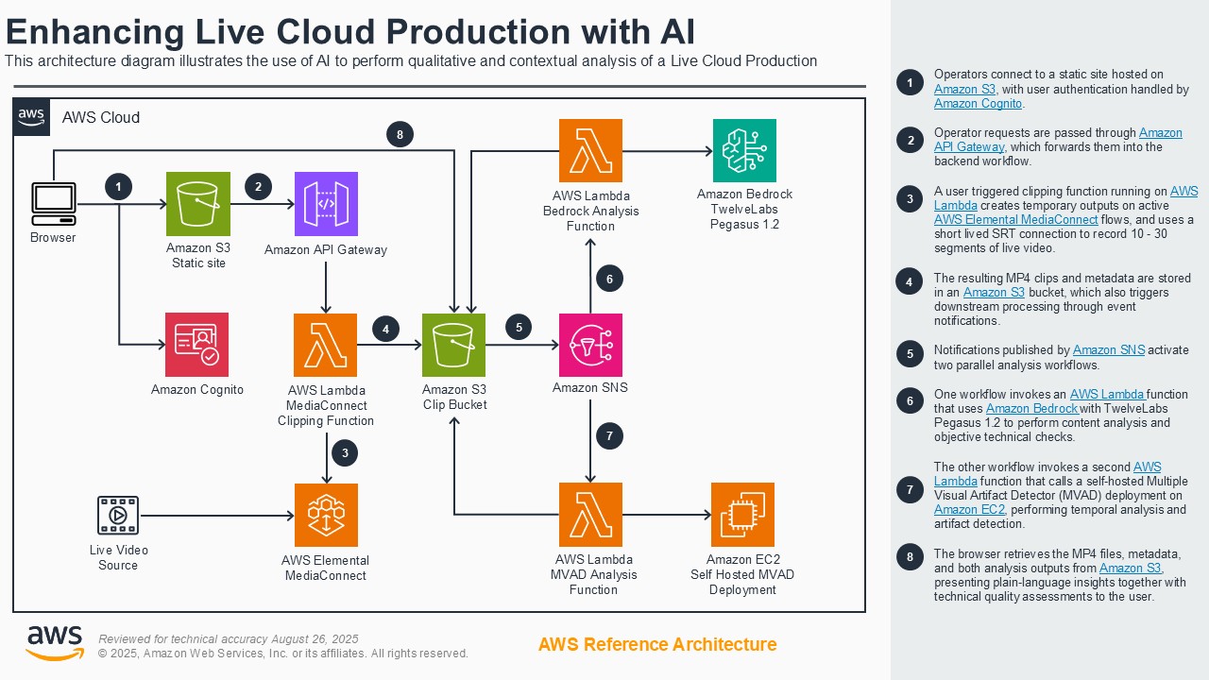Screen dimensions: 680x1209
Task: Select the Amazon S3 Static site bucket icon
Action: (198, 203)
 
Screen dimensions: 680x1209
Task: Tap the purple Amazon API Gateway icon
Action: (326, 203)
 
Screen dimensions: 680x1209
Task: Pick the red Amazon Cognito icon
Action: (196, 345)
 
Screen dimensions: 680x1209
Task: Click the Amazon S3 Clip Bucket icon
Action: (453, 345)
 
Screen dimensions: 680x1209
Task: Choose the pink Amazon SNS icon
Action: (590, 345)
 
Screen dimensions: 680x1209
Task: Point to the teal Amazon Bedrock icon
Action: (744, 150)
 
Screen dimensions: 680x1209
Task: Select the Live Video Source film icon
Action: (118, 516)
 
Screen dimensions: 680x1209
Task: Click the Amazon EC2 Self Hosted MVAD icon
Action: (742, 515)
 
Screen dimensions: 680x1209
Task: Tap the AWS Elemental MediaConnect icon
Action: (326, 515)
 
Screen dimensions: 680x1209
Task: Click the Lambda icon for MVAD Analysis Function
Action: (590, 515)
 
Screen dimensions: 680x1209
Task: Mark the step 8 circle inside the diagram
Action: (400, 135)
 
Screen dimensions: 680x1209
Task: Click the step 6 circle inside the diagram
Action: (609, 279)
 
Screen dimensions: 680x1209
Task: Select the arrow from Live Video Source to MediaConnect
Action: (217, 516)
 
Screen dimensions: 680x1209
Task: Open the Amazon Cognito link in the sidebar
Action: (978, 104)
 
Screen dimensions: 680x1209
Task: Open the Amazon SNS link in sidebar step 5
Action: (1108, 350)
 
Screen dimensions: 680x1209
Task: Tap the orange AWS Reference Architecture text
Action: (657, 644)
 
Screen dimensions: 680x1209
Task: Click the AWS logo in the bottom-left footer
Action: (54, 642)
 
